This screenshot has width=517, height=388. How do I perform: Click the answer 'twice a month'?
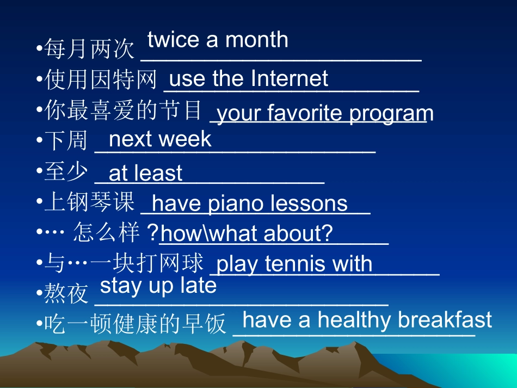pos(218,40)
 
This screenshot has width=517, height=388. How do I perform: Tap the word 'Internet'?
pos(290,79)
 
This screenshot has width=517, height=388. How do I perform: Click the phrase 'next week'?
pos(160,139)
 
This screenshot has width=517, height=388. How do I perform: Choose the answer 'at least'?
pos(145,174)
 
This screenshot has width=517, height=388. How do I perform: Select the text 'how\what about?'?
pos(247,233)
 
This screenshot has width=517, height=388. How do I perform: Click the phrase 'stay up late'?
pos(158,285)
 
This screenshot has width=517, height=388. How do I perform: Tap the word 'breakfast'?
pos(445,320)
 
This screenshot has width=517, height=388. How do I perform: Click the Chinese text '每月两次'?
pos(89,50)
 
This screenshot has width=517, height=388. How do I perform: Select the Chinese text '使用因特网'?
pos(101,81)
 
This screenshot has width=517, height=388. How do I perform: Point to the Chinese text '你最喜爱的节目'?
pos(123,110)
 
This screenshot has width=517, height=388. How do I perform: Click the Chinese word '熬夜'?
pos(66,294)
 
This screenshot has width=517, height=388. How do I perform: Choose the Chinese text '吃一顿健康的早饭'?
pos(134,324)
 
